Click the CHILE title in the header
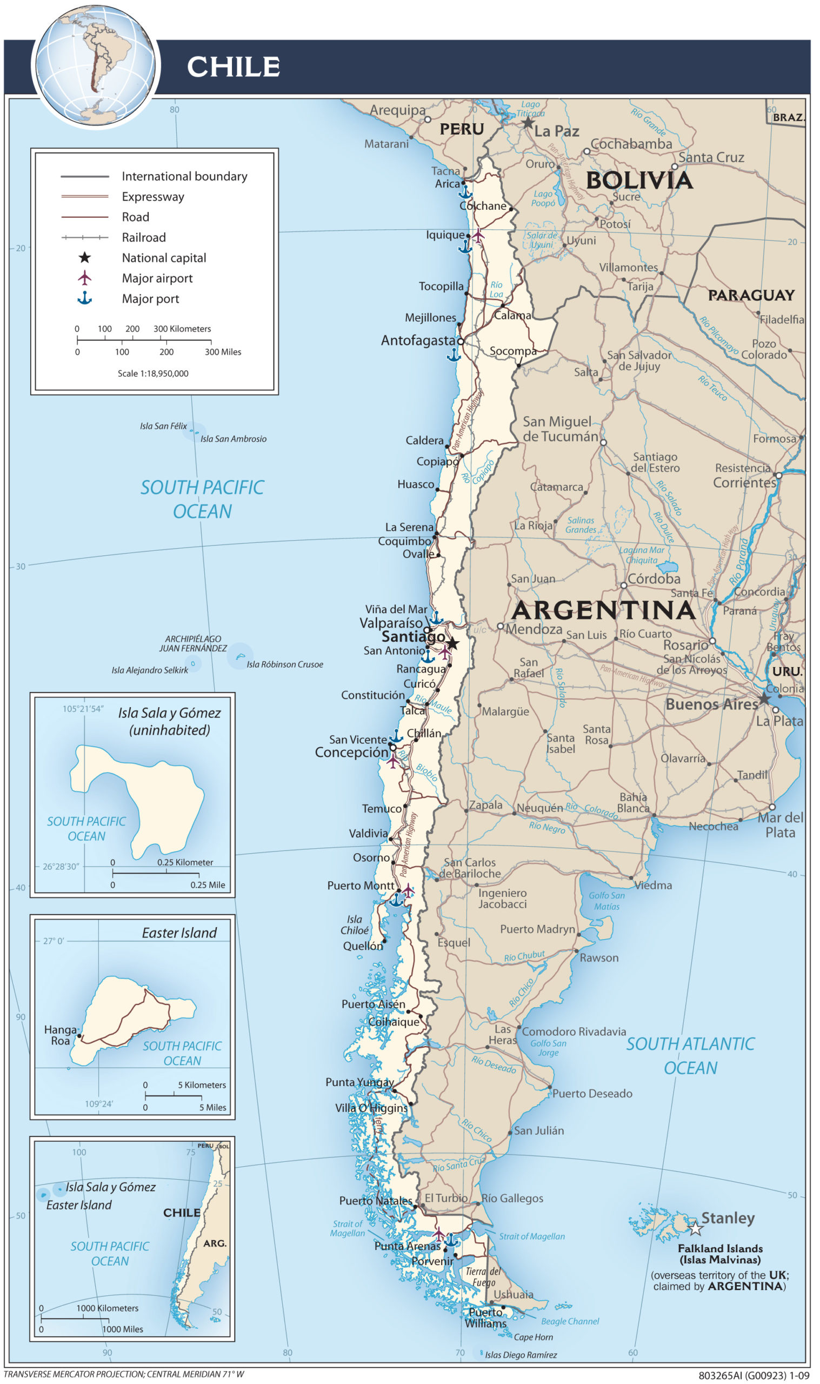pos(233,67)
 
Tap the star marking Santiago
pos(452,644)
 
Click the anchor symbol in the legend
pos(84,298)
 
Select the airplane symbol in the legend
pos(84,277)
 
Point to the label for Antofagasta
pos(418,341)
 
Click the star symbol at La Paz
pos(528,123)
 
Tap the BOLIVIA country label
pos(639,181)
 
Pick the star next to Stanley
pos(696,1229)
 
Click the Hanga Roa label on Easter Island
pos(61,1035)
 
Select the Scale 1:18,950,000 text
pos(153,374)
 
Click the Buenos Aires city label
pos(711,704)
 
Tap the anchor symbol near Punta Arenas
pos(451,1239)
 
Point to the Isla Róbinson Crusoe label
pos(284,664)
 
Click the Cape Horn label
pos(533,1337)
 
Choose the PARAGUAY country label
pos(751,295)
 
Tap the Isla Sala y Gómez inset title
pos(169,721)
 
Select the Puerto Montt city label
pos(361,886)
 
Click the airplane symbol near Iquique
pos(477,235)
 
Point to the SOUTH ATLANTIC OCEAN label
pos(690,1055)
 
